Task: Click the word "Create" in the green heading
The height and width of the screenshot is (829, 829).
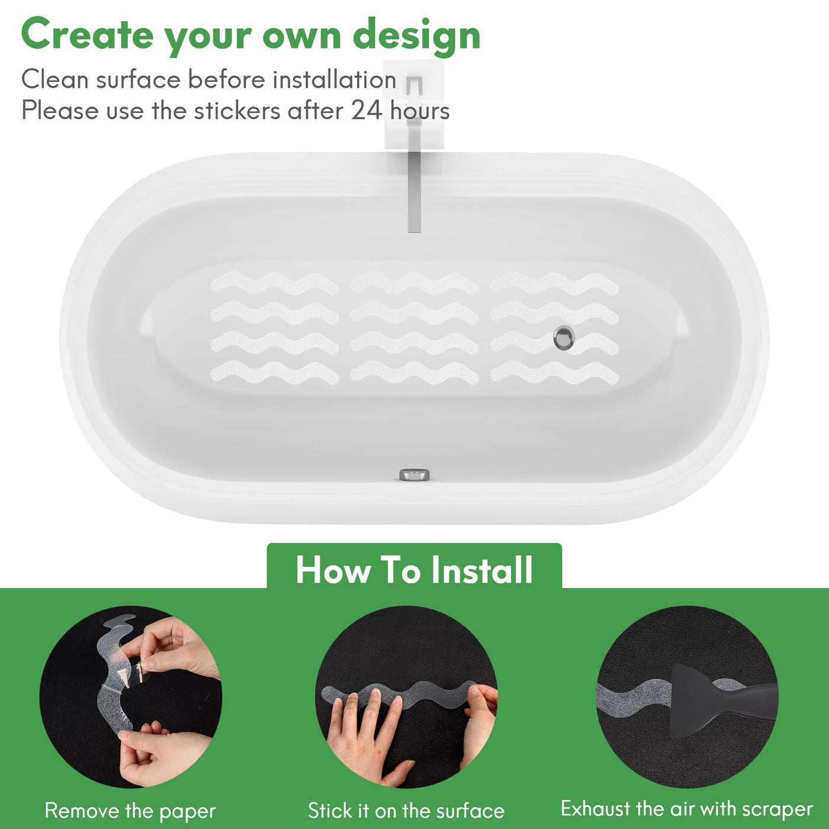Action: (x=87, y=35)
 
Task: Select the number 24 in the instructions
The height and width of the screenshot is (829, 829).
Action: (x=367, y=111)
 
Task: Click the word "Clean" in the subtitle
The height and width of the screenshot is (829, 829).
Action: (x=55, y=79)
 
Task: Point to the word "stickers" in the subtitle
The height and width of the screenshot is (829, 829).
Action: (x=237, y=111)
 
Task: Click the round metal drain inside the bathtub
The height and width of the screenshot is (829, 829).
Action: (x=564, y=338)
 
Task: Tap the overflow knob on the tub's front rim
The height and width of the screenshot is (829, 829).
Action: (x=415, y=475)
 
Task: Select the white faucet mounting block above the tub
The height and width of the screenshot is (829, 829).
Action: (x=413, y=105)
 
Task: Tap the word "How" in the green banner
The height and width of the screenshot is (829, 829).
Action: (x=333, y=570)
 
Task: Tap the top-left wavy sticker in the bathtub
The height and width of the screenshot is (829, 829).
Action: (x=275, y=283)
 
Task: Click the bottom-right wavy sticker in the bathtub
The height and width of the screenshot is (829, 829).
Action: (x=554, y=372)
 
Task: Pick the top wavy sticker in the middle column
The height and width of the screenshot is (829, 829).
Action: (x=415, y=283)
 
